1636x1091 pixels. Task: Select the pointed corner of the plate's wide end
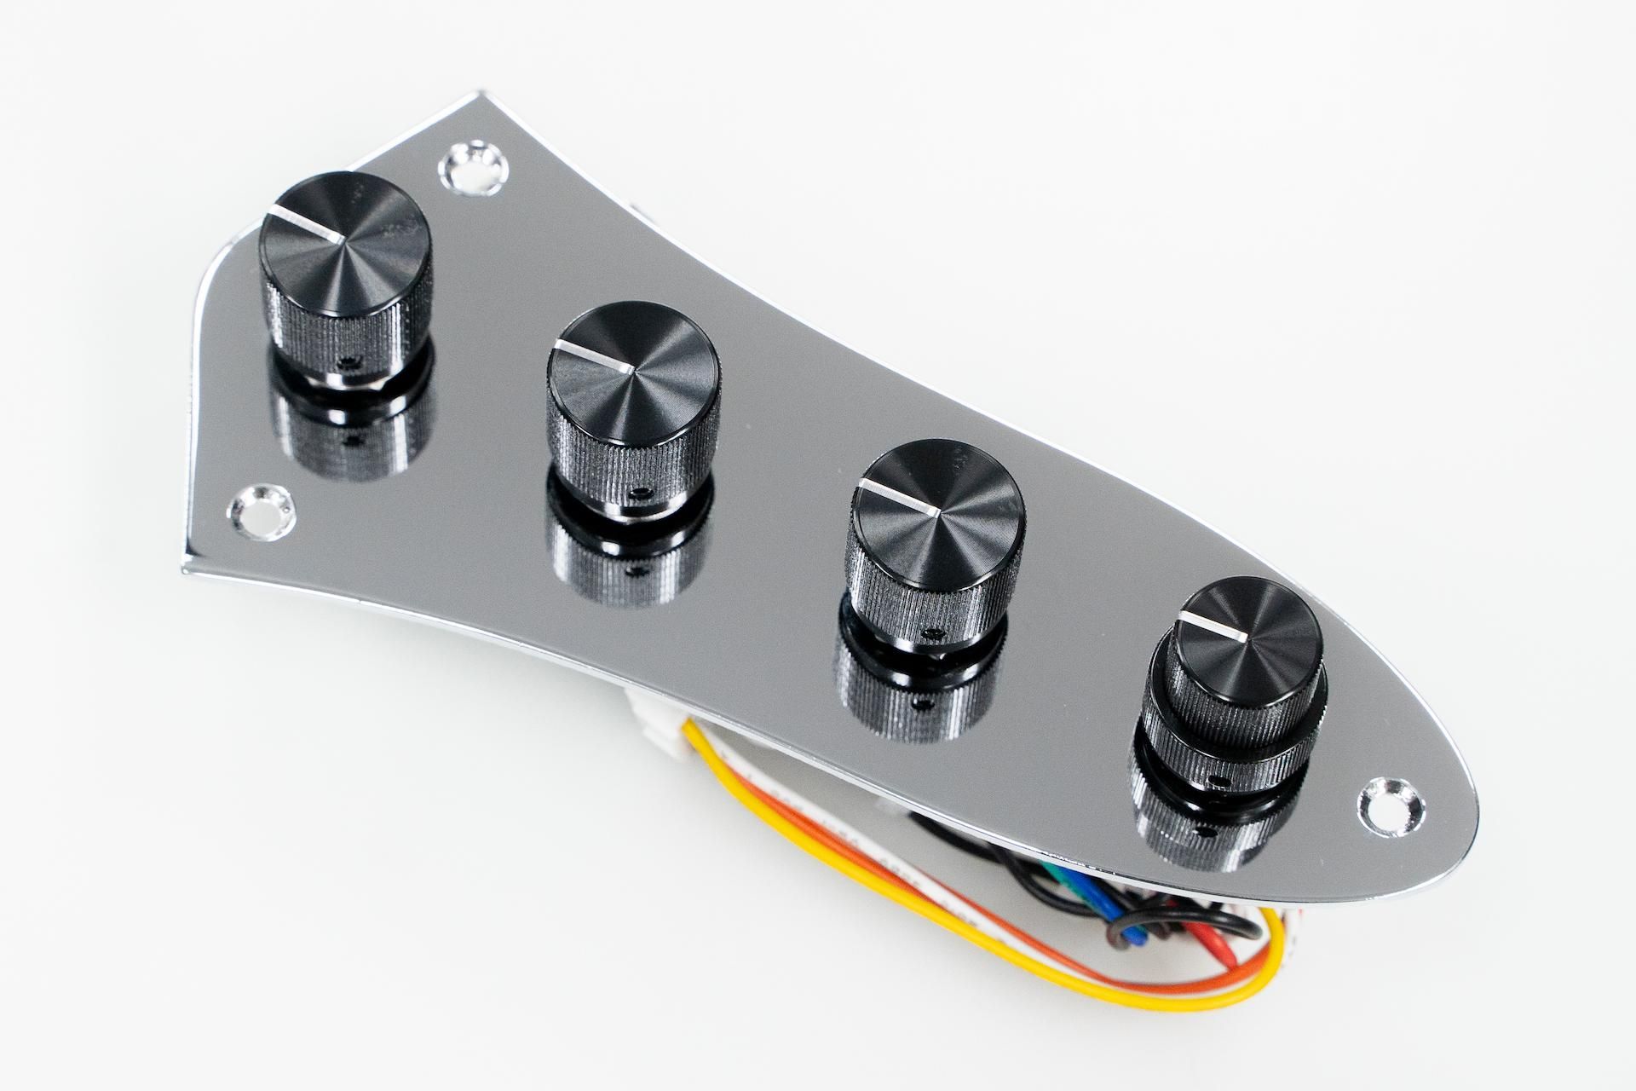[x=181, y=566]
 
